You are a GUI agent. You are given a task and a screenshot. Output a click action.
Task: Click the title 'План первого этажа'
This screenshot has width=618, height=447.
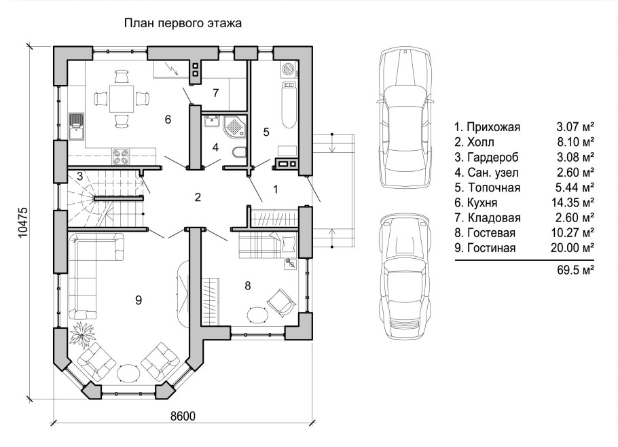(x=183, y=23)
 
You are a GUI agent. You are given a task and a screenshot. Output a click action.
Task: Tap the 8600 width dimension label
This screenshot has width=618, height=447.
(x=183, y=416)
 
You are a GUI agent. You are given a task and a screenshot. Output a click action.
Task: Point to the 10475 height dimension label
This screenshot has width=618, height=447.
(x=24, y=222)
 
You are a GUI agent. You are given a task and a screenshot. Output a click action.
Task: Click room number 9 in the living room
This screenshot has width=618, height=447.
(x=139, y=300)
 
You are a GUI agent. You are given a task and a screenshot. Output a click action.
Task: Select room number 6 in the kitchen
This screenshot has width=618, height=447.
(x=168, y=119)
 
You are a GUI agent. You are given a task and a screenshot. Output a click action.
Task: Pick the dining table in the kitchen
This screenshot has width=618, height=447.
(x=122, y=99)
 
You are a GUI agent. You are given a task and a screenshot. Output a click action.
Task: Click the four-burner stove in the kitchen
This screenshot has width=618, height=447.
(x=122, y=156)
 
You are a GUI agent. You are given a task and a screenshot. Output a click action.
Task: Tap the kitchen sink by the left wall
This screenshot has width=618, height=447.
(x=77, y=126)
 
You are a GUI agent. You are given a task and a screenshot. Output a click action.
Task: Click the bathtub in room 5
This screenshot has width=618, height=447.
(x=289, y=105)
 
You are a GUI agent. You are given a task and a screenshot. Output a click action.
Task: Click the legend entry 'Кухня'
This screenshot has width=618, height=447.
(x=481, y=202)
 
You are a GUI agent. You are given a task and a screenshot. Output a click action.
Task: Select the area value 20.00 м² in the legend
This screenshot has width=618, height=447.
(x=572, y=248)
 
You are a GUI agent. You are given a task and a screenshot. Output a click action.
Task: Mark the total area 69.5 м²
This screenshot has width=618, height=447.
(x=576, y=270)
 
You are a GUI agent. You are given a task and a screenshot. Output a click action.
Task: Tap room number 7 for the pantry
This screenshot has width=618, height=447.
(x=215, y=93)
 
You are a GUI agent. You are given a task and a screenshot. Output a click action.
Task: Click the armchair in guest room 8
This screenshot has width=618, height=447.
(x=281, y=301)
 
